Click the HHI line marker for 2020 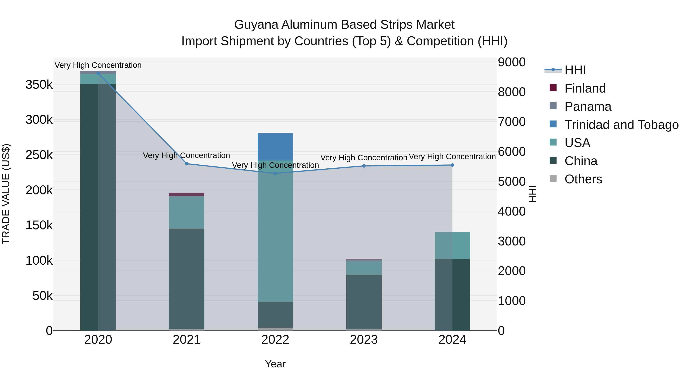tap(98, 73)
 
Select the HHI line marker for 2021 tap(187, 164)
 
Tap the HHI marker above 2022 tap(275, 173)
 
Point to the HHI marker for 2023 tap(364, 166)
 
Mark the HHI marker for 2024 tap(452, 165)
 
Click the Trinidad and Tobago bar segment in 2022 tap(275, 147)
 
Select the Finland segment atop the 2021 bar tap(187, 194)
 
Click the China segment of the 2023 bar tap(364, 302)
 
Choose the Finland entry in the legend tap(585, 88)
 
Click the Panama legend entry tap(588, 107)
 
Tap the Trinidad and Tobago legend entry tap(621, 125)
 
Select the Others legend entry tap(583, 179)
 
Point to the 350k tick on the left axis tap(39, 85)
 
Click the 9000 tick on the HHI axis tap(511, 62)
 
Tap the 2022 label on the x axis tap(275, 340)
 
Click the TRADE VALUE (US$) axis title tap(6, 194)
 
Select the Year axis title tap(275, 364)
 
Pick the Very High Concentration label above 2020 tap(98, 65)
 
